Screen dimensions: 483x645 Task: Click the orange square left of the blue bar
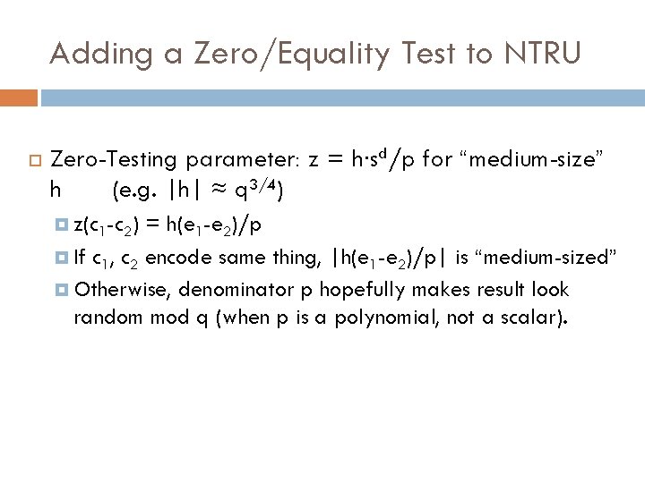pyautogui.click(x=19, y=97)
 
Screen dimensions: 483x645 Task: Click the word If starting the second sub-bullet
pyautogui.click(x=81, y=258)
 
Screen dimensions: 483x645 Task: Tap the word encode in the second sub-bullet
pyautogui.click(x=178, y=258)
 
